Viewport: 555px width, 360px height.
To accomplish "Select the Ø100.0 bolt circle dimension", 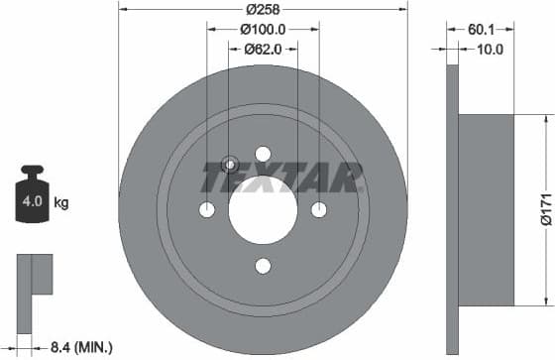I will click(x=263, y=30).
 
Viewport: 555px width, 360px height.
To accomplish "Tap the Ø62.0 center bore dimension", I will click(x=263, y=48).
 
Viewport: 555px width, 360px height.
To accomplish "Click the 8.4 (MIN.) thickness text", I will click(x=80, y=347).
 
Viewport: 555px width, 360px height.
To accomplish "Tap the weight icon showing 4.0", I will click(x=30, y=198).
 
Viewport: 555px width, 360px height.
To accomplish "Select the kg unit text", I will click(x=60, y=203).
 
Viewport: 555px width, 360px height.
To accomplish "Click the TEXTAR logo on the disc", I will click(x=281, y=179).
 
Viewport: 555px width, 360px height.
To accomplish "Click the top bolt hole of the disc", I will click(x=263, y=154).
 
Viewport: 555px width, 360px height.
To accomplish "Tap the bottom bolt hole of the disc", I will click(x=263, y=266).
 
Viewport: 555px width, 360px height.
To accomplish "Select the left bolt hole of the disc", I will click(x=207, y=209).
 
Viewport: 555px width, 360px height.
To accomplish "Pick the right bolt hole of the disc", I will click(x=319, y=209).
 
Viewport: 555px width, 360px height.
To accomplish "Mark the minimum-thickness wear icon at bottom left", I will click(x=34, y=275).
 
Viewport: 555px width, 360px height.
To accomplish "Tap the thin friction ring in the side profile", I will click(x=453, y=209).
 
